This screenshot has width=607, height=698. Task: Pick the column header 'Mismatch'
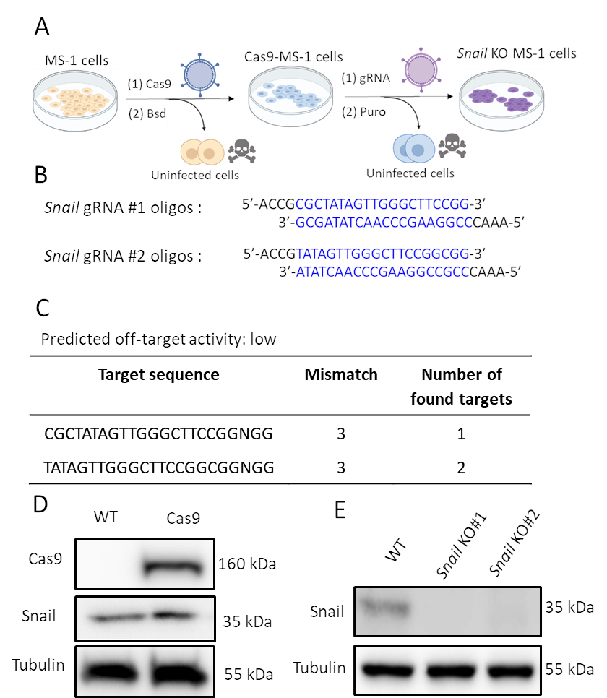click(341, 374)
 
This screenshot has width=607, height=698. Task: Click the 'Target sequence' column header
click(158, 374)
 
